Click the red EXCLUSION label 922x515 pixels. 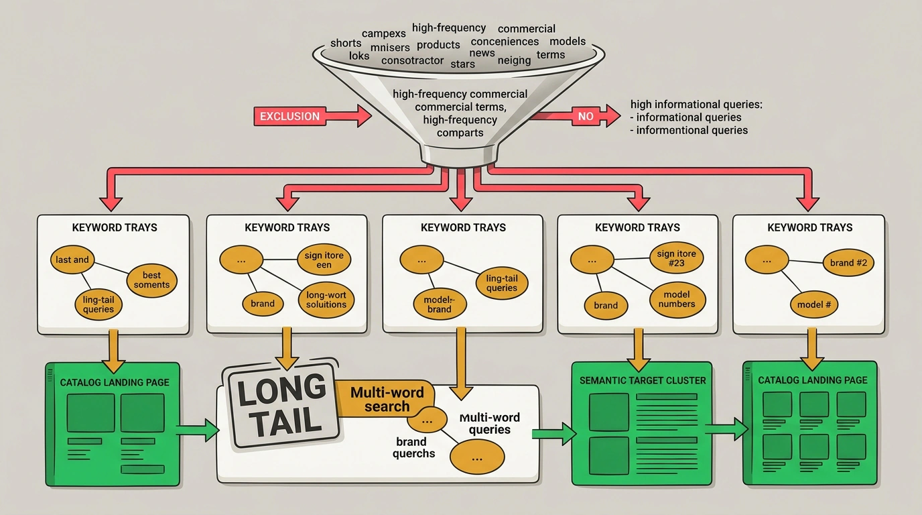coord(289,116)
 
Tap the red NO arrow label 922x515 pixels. coord(586,116)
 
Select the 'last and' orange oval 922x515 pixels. coord(72,260)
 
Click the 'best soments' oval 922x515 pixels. coord(151,280)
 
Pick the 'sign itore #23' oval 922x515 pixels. coord(676,258)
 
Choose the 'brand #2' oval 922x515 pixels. coord(848,262)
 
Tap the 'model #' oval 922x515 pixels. coord(813,304)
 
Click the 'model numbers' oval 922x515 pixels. coord(677,300)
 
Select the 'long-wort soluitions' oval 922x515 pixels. coord(326,300)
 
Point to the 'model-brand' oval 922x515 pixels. coord(439,304)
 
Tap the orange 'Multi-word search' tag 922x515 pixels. coord(386,399)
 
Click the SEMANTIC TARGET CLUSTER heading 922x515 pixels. coord(643,381)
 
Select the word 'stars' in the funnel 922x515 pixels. coord(462,64)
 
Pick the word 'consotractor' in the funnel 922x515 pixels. coord(412,60)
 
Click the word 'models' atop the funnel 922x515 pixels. coord(568,41)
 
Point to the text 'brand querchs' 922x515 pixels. coord(413,447)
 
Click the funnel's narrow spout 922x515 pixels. coord(460,156)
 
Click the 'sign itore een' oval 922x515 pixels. coord(324,260)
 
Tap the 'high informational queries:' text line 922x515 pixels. coord(696,105)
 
